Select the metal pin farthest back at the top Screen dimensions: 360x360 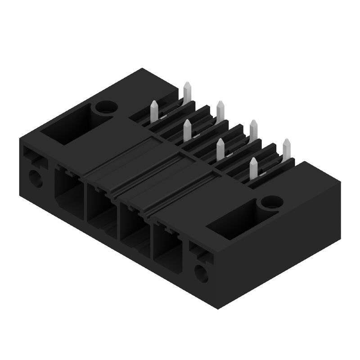[x=187, y=92]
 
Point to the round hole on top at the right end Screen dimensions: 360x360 [x=272, y=202]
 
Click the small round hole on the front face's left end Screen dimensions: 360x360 [x=36, y=179]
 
